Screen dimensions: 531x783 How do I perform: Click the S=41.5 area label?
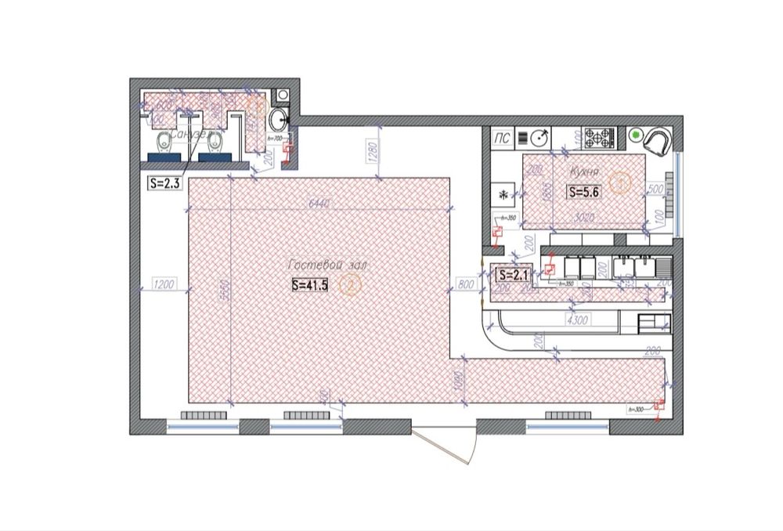click(x=309, y=285)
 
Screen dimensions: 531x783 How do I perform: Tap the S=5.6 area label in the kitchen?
click(x=585, y=191)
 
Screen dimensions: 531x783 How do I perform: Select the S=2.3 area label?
click(x=164, y=183)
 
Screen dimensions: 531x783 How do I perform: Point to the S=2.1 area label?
click(x=514, y=275)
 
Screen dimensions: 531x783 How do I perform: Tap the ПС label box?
click(x=502, y=139)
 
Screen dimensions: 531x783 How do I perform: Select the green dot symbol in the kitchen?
click(x=635, y=135)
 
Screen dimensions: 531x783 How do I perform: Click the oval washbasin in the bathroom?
click(x=277, y=121)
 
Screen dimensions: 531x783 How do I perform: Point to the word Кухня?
click(x=585, y=170)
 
